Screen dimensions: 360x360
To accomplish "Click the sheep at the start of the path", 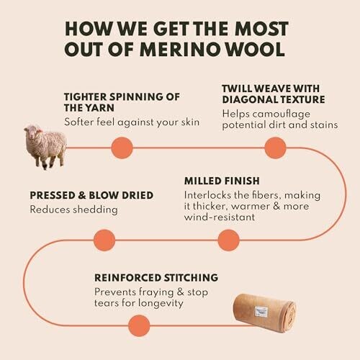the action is coord(45,147).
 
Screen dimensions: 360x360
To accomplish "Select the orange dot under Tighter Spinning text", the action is coord(122,148).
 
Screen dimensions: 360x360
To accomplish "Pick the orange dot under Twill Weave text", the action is coord(275,148).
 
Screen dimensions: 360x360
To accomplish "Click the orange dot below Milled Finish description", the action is coord(228,240).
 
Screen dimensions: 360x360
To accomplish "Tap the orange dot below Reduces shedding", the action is coord(104,240).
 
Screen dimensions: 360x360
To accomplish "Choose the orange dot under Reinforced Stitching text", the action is coord(139,325).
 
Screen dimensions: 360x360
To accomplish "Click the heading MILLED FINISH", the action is coord(222,181).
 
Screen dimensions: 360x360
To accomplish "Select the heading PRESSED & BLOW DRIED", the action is coord(91,195).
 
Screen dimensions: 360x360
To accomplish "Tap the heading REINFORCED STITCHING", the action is coord(156,278).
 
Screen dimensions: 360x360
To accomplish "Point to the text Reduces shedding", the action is coord(74,210).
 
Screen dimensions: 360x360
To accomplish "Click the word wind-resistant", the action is coord(220,217).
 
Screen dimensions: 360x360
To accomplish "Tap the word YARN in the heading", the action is coord(100,108).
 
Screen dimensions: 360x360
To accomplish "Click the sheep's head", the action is coord(32,132).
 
